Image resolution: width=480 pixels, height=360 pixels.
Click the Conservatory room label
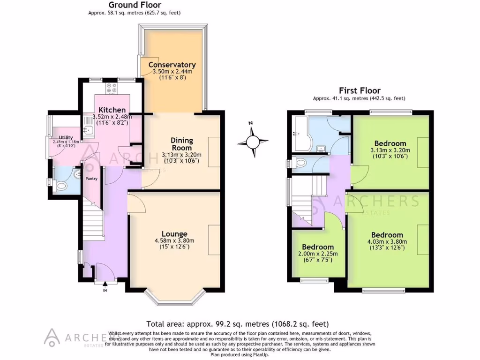172,65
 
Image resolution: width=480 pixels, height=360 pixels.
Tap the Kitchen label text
112,110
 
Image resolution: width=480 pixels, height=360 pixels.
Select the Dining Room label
181,144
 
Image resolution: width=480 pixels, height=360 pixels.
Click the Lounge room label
174,234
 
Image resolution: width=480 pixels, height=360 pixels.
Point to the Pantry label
91,178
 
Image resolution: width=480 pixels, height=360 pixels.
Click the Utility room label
63,136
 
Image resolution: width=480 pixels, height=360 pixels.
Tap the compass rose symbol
253,141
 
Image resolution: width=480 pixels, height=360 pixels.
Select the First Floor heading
360,91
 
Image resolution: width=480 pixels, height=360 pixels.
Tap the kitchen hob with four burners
112,87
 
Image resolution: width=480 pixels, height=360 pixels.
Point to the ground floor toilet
60,186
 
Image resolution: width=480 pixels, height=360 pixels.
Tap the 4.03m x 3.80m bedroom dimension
387,242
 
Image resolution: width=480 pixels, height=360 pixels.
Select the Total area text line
237,323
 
